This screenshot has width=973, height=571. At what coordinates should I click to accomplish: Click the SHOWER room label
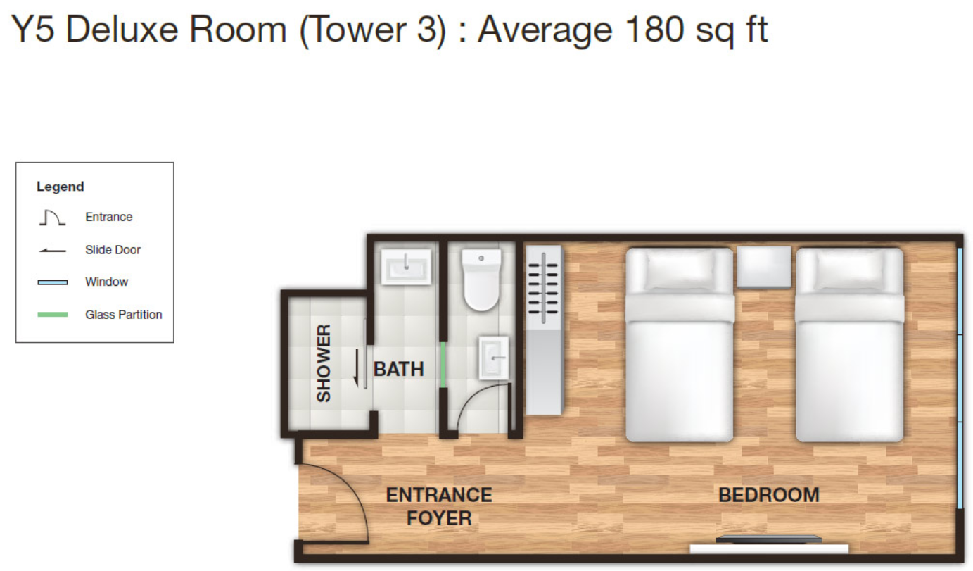(x=324, y=363)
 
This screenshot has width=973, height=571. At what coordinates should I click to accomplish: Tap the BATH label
(x=399, y=370)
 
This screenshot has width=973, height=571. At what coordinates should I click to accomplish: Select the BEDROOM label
(x=769, y=495)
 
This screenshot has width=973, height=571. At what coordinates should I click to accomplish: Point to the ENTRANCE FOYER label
(x=439, y=507)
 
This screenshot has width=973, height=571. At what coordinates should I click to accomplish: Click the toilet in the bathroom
(x=481, y=280)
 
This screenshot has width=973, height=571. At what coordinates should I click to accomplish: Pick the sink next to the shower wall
(x=406, y=267)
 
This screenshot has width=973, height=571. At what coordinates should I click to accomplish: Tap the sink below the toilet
(x=494, y=358)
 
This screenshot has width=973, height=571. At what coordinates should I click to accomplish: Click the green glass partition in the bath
(x=443, y=365)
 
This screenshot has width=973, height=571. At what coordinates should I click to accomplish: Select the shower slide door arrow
(x=356, y=368)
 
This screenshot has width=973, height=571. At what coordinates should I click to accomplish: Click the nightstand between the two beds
(x=764, y=267)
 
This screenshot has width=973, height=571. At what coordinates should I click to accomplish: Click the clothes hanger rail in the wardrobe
(x=543, y=288)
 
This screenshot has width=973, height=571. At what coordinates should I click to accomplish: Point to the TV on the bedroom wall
(x=769, y=540)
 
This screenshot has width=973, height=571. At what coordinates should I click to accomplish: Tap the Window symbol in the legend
(x=53, y=282)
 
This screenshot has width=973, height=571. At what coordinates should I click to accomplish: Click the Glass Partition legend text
(x=123, y=315)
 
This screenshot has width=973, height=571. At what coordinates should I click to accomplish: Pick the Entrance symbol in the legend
(x=52, y=218)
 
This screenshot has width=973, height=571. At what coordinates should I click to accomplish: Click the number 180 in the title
(x=654, y=30)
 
